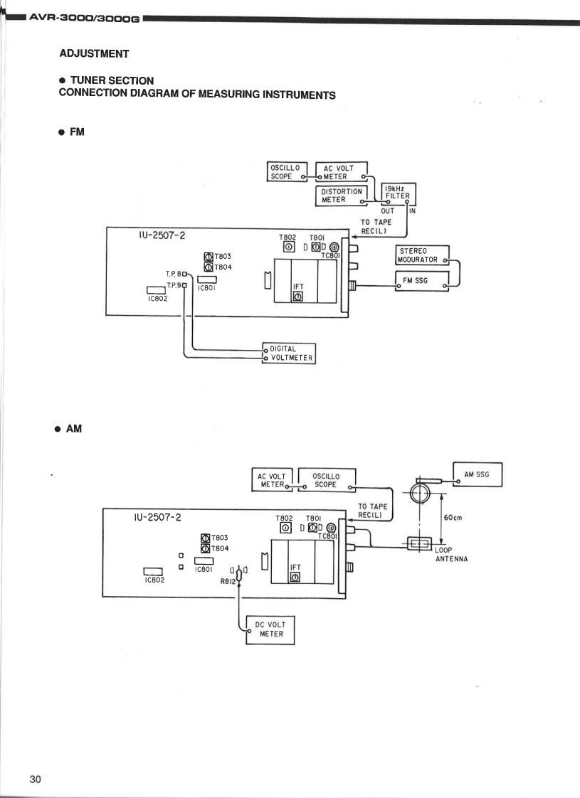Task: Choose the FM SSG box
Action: (421, 281)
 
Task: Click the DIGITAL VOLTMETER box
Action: (289, 353)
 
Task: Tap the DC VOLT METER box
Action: (270, 629)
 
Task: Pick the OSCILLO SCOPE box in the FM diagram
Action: (285, 172)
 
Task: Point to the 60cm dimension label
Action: (453, 518)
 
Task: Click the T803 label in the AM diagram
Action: (219, 538)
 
